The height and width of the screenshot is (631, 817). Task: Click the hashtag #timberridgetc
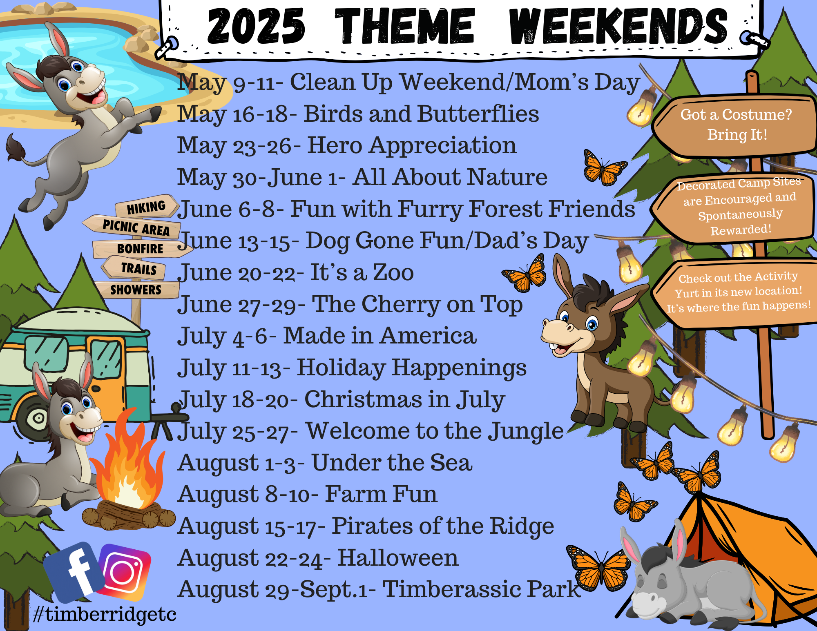[x=105, y=614]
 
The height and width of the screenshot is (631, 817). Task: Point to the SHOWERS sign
[x=136, y=290]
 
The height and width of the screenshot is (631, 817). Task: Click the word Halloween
[x=398, y=558]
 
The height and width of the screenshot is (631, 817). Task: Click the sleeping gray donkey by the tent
[x=690, y=582]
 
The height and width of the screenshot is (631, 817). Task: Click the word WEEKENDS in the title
[x=619, y=27]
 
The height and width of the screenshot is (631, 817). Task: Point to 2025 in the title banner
[x=256, y=26]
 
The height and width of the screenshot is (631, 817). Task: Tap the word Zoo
[x=393, y=272]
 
